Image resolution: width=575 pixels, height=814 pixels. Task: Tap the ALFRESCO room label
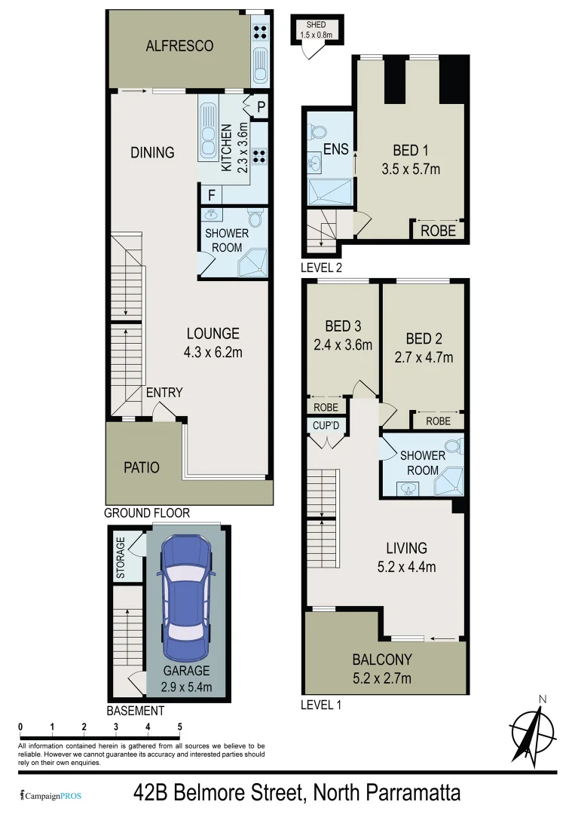tap(179, 46)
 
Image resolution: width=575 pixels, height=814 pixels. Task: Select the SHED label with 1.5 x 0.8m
tap(316, 30)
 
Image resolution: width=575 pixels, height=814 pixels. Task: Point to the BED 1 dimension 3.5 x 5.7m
tap(411, 170)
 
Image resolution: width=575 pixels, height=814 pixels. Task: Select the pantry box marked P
tap(260, 107)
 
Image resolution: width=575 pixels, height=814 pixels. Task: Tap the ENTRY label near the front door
tap(164, 392)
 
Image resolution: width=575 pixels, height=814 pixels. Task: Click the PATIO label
tap(142, 467)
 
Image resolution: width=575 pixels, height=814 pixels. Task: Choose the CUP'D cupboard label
tap(326, 426)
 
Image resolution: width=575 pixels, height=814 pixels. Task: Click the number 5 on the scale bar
tap(179, 727)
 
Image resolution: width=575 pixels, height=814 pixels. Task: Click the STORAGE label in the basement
tap(121, 557)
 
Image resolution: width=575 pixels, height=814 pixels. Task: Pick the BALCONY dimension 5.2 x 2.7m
tap(382, 678)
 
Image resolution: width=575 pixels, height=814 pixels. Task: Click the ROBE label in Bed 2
tap(438, 421)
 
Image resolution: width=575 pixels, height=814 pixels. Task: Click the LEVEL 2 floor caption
tap(322, 267)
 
